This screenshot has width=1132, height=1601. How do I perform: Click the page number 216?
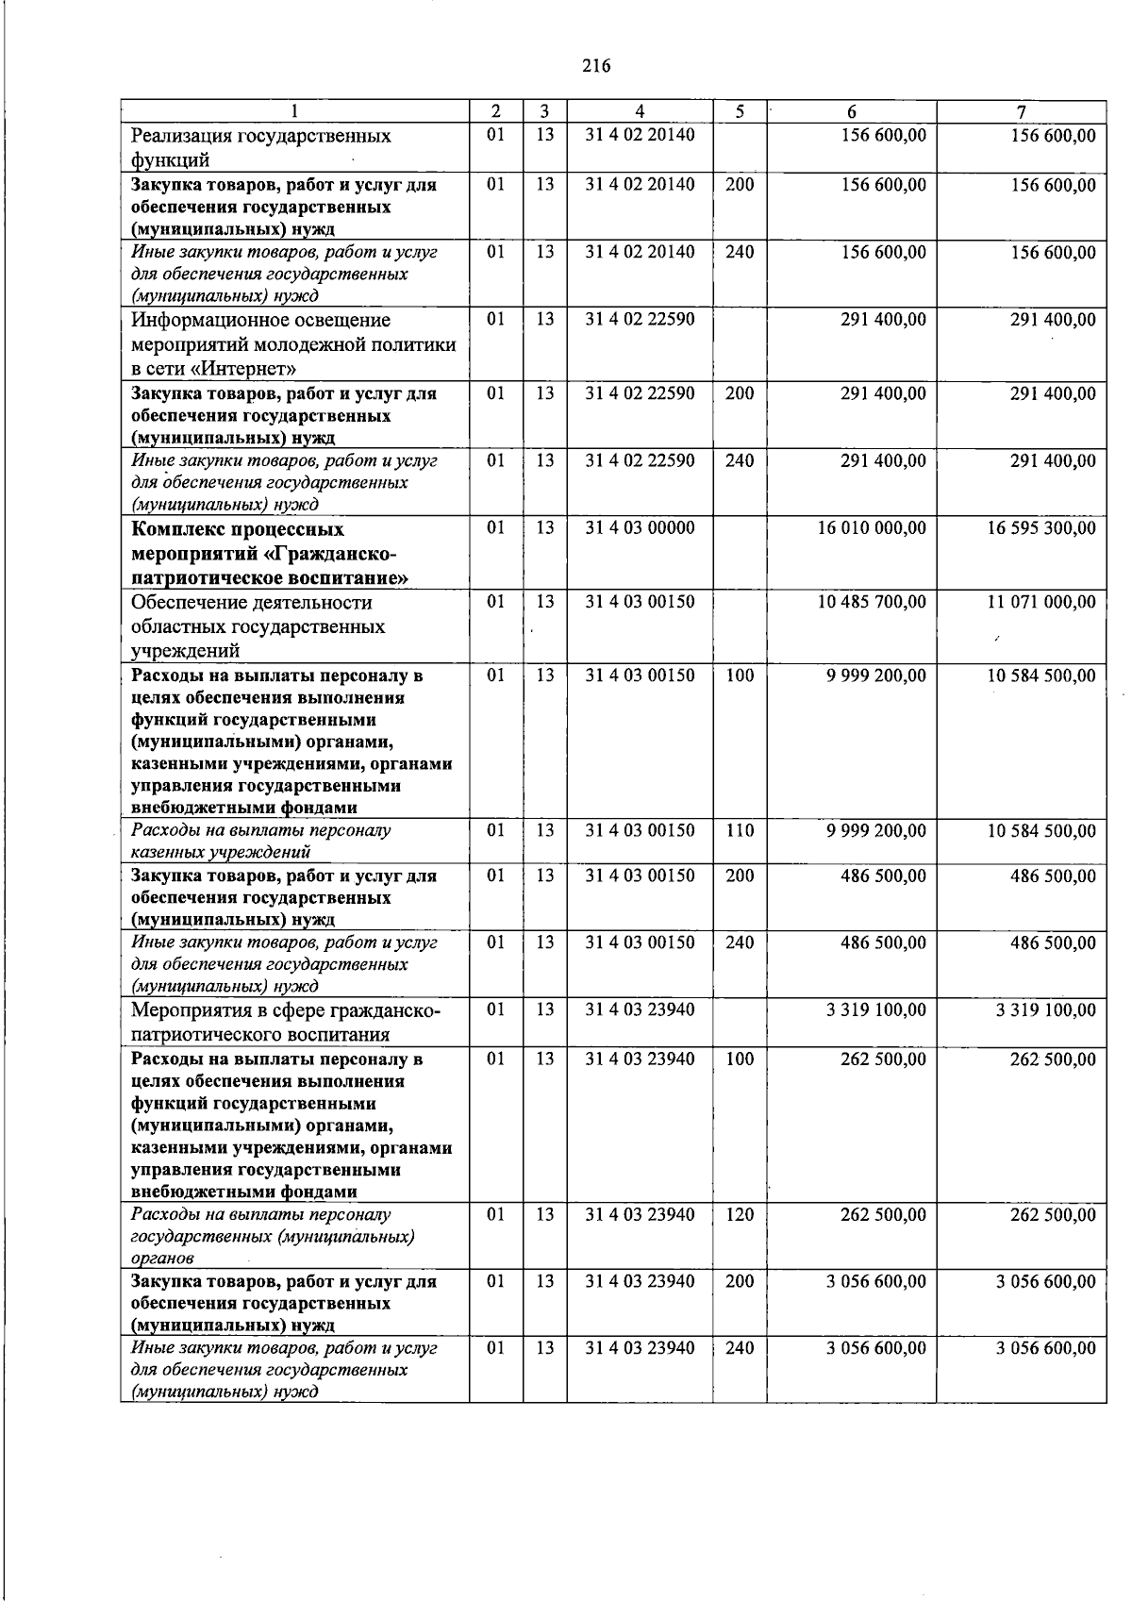(596, 66)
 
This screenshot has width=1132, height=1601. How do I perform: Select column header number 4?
(640, 111)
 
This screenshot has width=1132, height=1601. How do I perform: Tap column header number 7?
(1021, 111)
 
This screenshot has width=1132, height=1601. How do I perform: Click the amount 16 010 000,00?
(872, 528)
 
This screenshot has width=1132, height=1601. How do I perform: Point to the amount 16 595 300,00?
(1041, 528)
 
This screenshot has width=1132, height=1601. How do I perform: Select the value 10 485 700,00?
(872, 602)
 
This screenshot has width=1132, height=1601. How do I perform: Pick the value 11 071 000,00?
(1041, 602)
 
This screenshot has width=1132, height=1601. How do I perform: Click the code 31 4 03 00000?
(640, 528)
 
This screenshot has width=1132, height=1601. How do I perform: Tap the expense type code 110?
(740, 830)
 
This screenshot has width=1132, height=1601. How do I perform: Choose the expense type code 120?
(740, 1214)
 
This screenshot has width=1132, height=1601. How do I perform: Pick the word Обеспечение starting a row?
(189, 603)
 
